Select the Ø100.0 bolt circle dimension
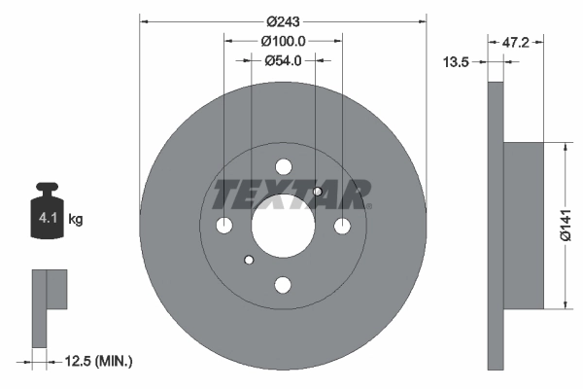pyautogui.click(x=283, y=41)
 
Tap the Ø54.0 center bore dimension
pyautogui.click(x=283, y=60)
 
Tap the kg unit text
pyautogui.click(x=75, y=220)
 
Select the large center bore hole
pyautogui.click(x=283, y=226)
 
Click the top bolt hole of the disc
pyautogui.click(x=283, y=166)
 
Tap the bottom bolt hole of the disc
pyautogui.click(x=283, y=285)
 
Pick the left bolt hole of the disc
pyautogui.click(x=223, y=226)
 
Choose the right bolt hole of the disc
pyautogui.click(x=342, y=226)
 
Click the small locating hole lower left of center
pyautogui.click(x=250, y=260)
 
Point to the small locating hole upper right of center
pyautogui.click(x=317, y=192)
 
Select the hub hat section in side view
pyautogui.click(x=524, y=226)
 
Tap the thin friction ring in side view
pyautogui.click(x=496, y=226)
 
